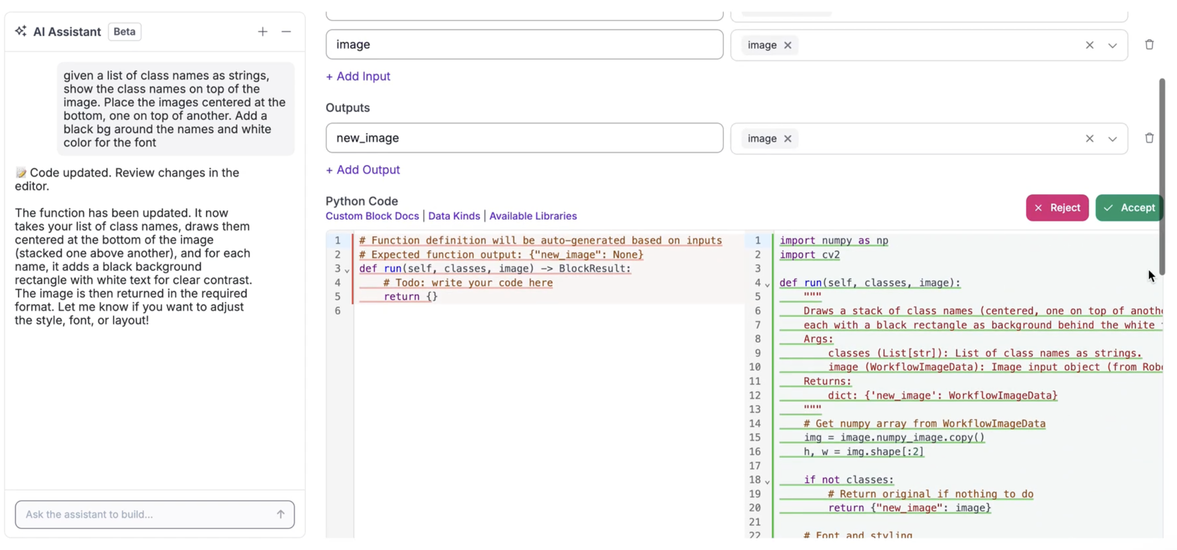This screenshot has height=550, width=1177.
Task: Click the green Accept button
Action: pos(1129,208)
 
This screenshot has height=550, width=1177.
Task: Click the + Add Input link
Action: pos(358,76)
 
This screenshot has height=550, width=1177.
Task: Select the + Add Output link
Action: pos(362,170)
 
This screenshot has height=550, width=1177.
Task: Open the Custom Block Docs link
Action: pos(372,216)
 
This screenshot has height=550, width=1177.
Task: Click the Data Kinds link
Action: pos(454,216)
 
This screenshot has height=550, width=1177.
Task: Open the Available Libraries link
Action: pos(533,216)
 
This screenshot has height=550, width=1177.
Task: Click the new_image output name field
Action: pos(524,138)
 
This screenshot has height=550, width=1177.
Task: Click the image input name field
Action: pos(524,44)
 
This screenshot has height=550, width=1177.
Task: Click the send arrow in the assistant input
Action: pos(281,515)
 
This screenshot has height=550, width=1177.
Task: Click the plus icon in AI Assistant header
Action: pos(262,32)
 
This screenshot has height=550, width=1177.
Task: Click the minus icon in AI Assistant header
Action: pos(286,32)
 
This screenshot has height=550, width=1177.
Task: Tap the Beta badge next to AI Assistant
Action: pos(124,32)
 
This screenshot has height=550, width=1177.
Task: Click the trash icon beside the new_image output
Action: pos(1149,138)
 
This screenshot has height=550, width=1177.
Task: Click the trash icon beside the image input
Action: pos(1149,44)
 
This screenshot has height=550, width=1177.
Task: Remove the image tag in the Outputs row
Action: pos(788,139)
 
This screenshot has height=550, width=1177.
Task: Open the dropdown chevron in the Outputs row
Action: pos(1112,139)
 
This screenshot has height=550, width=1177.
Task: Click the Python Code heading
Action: pos(362,201)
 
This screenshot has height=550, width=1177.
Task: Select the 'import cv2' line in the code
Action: pos(810,255)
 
